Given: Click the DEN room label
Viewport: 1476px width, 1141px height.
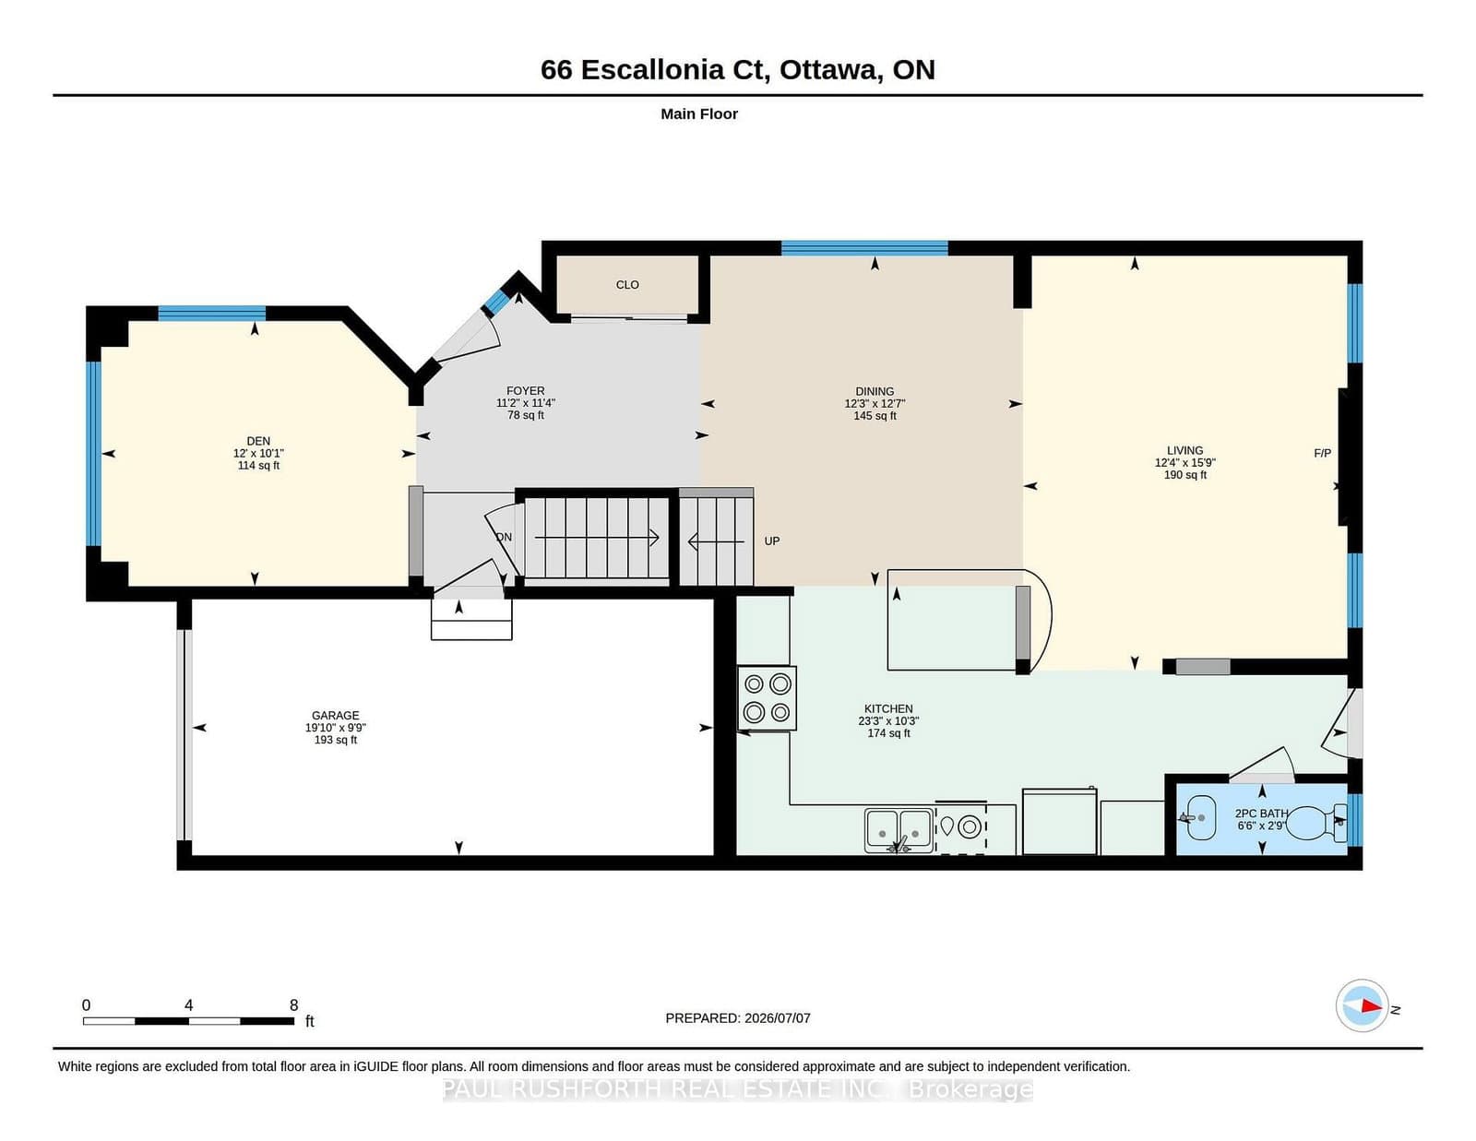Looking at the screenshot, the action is (258, 441).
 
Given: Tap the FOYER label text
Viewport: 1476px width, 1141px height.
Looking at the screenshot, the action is (525, 390).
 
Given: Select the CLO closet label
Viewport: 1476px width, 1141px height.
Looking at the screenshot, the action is (627, 285).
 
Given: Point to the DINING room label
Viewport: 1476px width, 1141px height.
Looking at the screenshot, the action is (875, 391).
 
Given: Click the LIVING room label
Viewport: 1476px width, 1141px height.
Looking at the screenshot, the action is (1184, 450).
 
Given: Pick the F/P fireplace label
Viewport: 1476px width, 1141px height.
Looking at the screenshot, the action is (1322, 453).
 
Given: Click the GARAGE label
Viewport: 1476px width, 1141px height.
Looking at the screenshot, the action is (335, 715).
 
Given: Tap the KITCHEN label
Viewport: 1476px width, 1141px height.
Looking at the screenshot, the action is (887, 708).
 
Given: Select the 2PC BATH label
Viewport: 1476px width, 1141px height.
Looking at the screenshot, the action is (1261, 813).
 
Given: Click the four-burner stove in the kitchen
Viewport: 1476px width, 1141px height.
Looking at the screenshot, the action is (767, 697).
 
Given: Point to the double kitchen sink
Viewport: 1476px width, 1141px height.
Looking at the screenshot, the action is (899, 830).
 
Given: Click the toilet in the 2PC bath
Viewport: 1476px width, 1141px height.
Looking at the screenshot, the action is (1316, 823).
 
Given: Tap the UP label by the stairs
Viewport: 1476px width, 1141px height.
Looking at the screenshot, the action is (771, 541).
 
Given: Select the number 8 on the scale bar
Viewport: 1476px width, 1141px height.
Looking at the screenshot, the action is (293, 1005).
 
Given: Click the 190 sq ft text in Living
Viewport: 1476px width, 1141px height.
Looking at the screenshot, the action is (1184, 475).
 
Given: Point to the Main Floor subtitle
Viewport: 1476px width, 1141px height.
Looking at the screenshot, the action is (699, 114).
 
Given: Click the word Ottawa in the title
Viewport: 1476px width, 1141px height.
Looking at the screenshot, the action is (828, 70).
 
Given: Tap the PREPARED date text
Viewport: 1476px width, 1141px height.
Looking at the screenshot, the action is (738, 1018).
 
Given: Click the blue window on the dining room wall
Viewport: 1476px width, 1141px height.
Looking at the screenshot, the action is (864, 248).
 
